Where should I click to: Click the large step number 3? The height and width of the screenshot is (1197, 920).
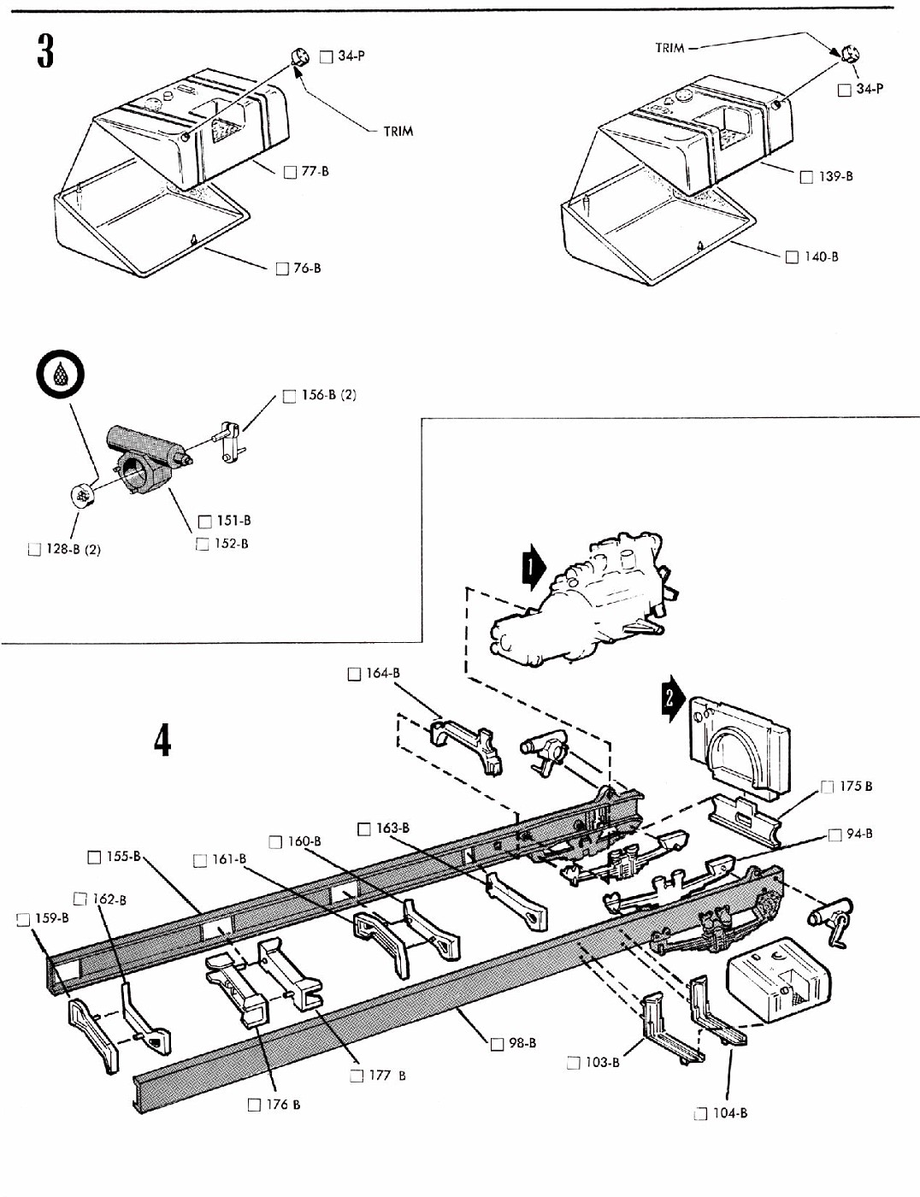[45, 50]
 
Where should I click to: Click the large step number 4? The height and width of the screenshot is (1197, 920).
[162, 741]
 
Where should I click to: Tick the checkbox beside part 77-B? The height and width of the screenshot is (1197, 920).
[290, 172]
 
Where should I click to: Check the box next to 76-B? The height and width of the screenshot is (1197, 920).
[282, 268]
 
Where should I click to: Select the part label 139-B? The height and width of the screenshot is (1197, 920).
[836, 176]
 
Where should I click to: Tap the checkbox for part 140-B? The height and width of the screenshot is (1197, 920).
[792, 256]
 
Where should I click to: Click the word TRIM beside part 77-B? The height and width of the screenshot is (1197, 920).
[398, 131]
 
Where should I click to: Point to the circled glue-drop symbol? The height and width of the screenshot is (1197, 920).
[62, 375]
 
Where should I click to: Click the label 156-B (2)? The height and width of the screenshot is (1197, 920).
[329, 395]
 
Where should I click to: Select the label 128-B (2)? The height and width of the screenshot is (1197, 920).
[74, 549]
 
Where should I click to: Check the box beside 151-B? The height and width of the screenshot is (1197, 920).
[205, 521]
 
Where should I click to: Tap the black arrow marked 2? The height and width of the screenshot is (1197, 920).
[673, 699]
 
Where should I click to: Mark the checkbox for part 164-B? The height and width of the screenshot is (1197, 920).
[354, 674]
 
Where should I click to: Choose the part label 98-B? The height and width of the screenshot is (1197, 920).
[522, 1043]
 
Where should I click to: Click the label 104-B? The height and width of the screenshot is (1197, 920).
[730, 1112]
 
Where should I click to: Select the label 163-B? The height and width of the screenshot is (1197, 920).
[392, 828]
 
